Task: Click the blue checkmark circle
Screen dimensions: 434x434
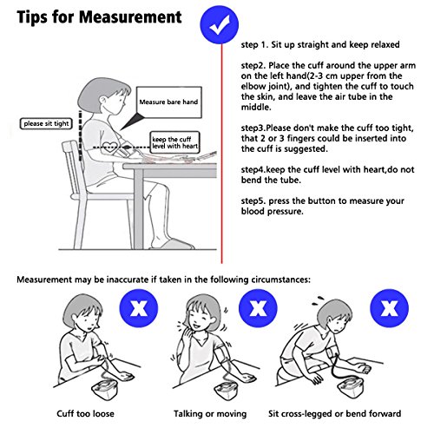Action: point(220,24)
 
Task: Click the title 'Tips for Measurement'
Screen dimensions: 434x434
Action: point(99,16)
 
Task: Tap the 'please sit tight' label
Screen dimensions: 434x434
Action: point(46,124)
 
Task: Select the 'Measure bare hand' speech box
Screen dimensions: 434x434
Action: point(169,102)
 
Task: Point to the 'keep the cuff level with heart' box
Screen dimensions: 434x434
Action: point(174,142)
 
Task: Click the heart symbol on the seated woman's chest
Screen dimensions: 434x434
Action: point(110,147)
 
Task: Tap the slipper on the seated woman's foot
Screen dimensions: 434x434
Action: point(173,245)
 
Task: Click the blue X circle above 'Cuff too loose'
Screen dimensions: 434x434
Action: point(139,308)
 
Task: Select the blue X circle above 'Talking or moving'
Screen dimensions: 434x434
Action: point(258,308)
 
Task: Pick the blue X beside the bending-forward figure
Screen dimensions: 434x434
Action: point(390,308)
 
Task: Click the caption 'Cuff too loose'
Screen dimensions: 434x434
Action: point(85,413)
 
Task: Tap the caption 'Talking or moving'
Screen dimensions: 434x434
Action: point(210,414)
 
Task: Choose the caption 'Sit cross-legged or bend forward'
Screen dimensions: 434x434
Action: point(335,414)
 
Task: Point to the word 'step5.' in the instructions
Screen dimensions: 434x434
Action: point(253,201)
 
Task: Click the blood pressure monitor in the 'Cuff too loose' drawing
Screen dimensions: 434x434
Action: point(105,389)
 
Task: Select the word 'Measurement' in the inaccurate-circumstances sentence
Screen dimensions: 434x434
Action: point(44,280)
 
